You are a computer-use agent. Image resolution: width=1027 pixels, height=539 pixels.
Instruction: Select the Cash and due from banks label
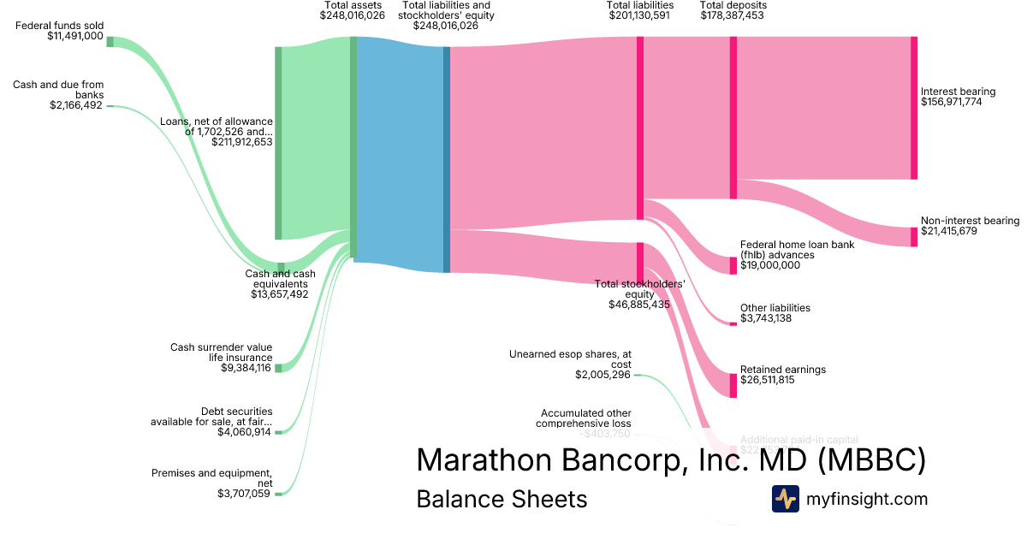point(58,89)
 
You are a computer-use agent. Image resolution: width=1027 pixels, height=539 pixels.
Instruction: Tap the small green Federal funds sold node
point(110,41)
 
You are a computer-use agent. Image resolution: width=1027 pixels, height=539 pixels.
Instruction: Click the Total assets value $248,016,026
point(352,15)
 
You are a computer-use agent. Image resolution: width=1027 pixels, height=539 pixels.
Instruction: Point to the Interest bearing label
point(958,92)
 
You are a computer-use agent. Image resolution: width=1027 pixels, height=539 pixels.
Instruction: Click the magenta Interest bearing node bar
point(914,108)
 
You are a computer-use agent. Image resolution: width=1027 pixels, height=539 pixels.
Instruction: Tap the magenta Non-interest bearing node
point(914,237)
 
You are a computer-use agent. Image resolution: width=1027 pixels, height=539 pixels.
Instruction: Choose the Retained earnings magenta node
point(733,385)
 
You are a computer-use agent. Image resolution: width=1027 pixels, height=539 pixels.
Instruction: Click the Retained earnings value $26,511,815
point(768,380)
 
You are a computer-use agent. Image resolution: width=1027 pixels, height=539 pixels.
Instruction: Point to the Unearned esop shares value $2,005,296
point(603,375)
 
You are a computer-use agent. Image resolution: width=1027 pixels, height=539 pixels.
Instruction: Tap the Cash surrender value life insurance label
point(221,352)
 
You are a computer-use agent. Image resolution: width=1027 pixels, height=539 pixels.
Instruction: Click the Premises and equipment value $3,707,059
point(245,494)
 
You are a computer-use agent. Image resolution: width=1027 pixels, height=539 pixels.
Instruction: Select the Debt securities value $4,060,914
point(245,432)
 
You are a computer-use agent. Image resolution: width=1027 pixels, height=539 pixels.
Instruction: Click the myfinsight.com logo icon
point(785,499)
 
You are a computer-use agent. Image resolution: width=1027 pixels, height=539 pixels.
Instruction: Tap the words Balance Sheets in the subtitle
point(502,499)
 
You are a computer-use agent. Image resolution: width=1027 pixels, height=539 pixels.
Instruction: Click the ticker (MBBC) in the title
point(872,460)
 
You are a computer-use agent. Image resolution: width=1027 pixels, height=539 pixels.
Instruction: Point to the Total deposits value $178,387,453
point(733,15)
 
